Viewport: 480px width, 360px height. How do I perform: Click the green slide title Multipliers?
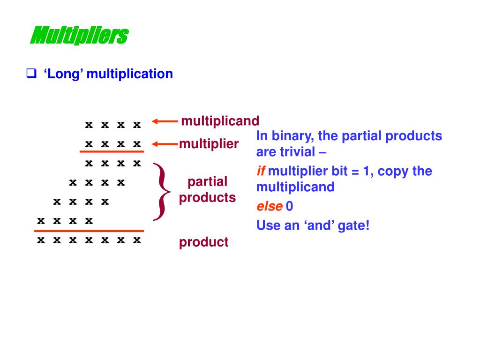click(x=79, y=36)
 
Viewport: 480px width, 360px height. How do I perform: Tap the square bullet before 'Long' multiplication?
click(x=31, y=74)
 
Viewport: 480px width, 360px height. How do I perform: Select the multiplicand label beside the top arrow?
click(x=220, y=121)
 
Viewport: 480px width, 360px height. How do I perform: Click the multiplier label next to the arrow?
click(x=209, y=143)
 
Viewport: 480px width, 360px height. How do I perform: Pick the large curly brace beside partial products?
click(x=163, y=191)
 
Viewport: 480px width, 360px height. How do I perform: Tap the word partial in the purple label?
click(x=207, y=181)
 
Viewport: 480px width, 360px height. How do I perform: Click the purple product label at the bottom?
click(x=203, y=242)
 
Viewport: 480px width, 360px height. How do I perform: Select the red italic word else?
click(x=269, y=206)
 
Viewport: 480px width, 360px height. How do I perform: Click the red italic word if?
click(x=260, y=171)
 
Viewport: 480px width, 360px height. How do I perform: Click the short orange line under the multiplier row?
click(x=112, y=152)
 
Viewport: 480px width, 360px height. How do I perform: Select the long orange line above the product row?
click(x=89, y=231)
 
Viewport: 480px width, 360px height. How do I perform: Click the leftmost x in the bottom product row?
click(x=41, y=240)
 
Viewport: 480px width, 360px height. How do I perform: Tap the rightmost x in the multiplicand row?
click(x=136, y=125)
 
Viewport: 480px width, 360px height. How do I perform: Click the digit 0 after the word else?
click(x=289, y=206)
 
